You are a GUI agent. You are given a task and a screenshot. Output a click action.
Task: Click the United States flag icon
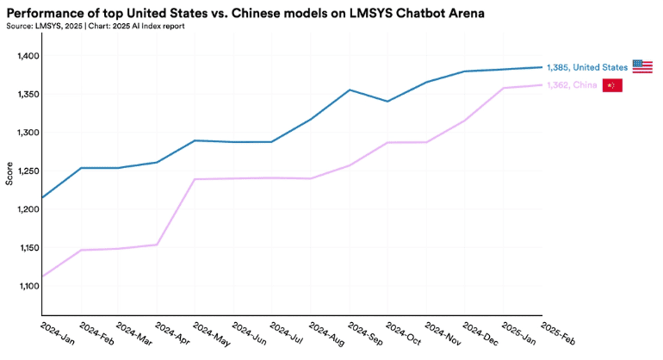pos(642,66)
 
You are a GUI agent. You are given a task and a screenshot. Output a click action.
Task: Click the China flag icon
pos(611,85)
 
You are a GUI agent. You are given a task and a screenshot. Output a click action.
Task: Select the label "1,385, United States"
pos(587,67)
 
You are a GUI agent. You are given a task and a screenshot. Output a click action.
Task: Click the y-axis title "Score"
pos(9,172)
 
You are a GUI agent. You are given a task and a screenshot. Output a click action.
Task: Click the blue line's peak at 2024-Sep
pos(350,90)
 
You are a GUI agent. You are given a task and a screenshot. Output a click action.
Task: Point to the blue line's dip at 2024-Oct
pos(387,102)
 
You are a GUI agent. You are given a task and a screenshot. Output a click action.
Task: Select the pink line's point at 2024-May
pos(195,179)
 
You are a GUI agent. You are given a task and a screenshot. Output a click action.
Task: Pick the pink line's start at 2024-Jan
pos(42,276)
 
